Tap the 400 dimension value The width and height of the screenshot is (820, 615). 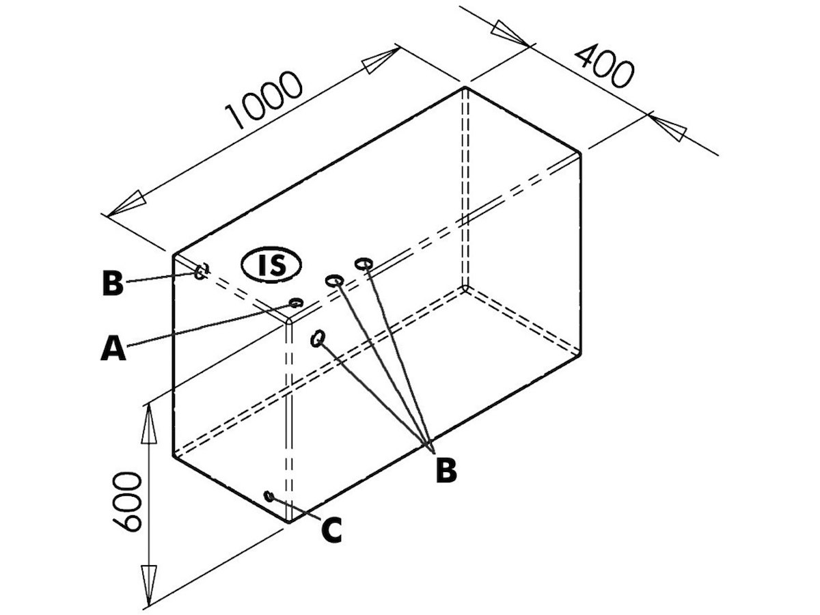coord(603,66)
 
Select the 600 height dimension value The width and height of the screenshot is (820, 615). coord(127,501)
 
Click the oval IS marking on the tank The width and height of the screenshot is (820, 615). coord(271,264)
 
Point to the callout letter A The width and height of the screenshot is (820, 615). coord(113,348)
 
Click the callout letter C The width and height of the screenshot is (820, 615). coord(331,530)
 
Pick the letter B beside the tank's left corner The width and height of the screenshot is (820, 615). coord(113,284)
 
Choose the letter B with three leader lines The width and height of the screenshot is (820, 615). coord(446,469)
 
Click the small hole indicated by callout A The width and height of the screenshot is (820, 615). coord(296,303)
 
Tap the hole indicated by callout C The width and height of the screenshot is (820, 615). coord(269,495)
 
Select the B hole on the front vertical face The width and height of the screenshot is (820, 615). coord(317,338)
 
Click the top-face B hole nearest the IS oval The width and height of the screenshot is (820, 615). coord(334,280)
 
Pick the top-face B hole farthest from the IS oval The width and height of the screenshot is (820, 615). coord(364,263)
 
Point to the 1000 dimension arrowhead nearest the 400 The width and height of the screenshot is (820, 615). coord(380,61)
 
